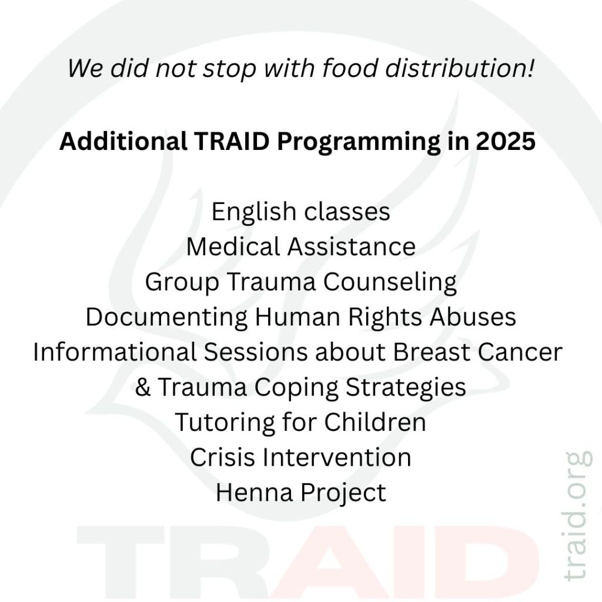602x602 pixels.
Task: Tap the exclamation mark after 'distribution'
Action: [530, 68]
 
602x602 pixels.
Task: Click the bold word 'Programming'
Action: [359, 142]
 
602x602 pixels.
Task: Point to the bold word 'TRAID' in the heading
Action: [232, 141]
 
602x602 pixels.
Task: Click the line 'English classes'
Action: [300, 211]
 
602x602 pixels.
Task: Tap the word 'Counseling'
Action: [390, 282]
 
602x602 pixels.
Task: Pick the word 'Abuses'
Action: [473, 317]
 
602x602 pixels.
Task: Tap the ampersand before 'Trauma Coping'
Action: [143, 387]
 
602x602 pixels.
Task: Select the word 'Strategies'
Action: [406, 387]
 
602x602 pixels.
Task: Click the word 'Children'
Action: [375, 422]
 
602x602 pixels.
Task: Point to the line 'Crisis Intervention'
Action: [300, 457]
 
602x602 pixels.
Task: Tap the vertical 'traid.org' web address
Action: [577, 516]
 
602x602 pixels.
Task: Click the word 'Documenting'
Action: [166, 317]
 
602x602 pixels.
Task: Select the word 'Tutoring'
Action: [225, 423]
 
